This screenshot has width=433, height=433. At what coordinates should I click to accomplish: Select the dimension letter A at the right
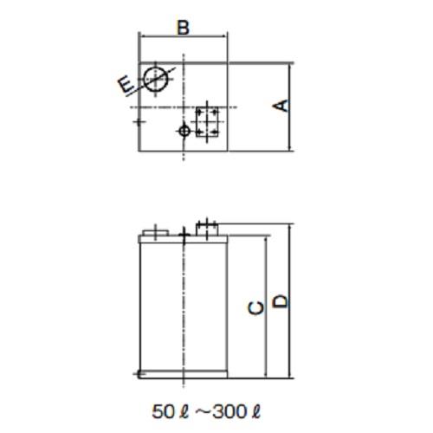coord(280,106)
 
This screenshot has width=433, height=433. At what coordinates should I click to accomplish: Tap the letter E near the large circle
coord(126,84)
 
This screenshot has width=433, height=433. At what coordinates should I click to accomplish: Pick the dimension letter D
coord(280,301)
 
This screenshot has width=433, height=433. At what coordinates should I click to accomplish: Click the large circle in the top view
coord(157,78)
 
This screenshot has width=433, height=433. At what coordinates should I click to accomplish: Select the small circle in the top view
coord(183,131)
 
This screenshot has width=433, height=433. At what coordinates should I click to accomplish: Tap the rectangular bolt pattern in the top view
coord(207,121)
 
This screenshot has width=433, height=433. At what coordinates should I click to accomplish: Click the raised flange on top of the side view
coord(207,228)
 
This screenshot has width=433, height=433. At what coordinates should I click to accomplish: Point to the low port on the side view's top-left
coord(153,231)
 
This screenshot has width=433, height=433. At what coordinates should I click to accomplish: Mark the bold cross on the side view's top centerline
coord(183,234)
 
